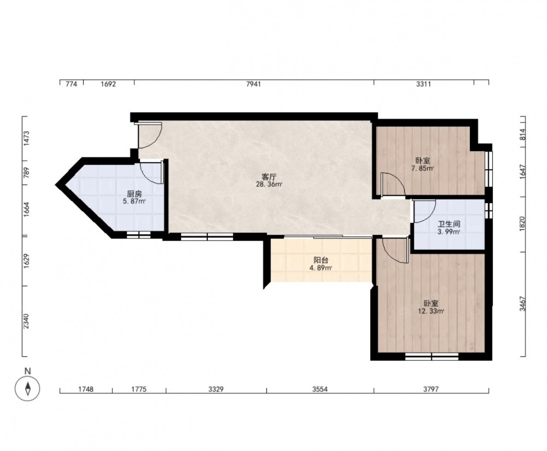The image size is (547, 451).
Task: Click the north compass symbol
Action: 27,388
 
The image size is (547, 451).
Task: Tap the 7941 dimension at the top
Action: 253,84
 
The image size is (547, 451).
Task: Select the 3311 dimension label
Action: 423,84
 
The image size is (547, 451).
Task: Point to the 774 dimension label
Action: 71,84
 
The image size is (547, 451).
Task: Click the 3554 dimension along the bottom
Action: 320,389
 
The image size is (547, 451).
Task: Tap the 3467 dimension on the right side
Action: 522,304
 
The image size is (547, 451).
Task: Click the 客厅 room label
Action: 269,177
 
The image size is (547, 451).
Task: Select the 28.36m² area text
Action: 269,184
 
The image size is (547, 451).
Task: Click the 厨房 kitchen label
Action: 135,194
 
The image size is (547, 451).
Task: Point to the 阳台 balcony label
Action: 321,261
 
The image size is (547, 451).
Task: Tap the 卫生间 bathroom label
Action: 449,224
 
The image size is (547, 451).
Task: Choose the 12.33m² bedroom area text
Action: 431,311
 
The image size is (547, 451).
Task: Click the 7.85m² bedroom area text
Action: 422,169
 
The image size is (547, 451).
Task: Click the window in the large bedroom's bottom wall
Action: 432,356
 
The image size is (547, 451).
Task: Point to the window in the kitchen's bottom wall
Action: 138,235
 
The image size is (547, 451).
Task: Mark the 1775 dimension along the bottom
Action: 138,389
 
